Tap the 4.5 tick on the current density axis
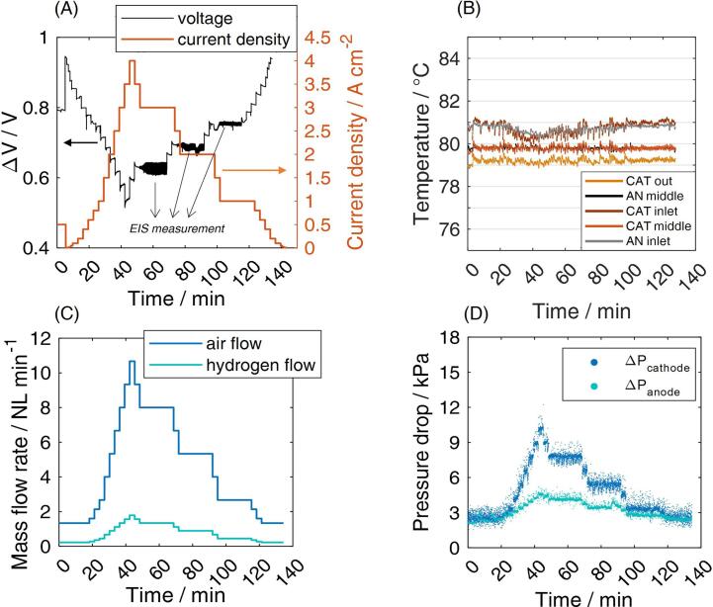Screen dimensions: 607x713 pyautogui.click(x=310, y=39)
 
